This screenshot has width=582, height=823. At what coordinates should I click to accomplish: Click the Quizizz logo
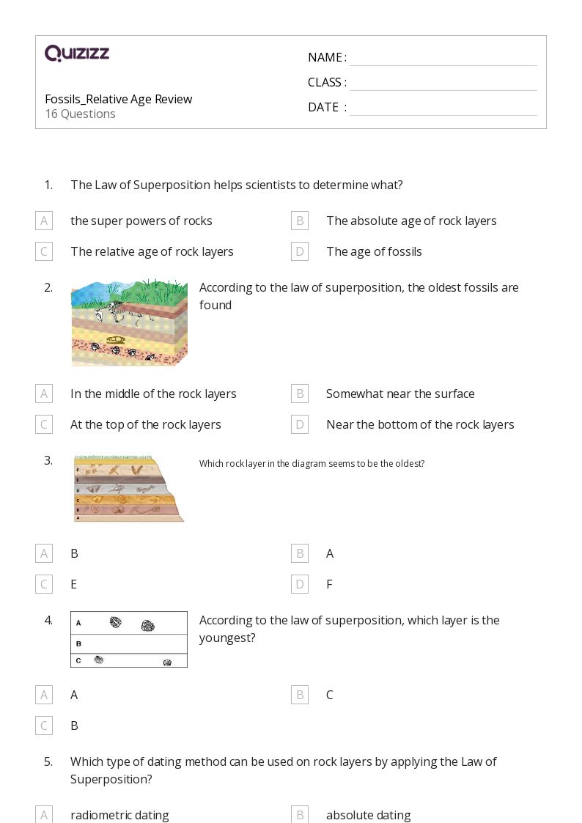(77, 53)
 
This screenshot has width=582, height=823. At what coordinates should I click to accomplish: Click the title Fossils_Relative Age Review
(118, 99)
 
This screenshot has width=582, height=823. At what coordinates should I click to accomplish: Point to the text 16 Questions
(80, 114)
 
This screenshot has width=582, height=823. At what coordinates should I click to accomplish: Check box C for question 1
(44, 251)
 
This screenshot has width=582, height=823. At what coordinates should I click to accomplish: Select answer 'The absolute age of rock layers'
(411, 221)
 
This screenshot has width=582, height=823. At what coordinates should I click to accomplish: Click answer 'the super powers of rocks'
(141, 221)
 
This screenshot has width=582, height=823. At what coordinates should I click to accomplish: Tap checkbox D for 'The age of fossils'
(300, 251)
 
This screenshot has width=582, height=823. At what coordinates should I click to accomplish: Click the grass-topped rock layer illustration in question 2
(129, 322)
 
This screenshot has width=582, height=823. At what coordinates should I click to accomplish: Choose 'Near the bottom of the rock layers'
(420, 424)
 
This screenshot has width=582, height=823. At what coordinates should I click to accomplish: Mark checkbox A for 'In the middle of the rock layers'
(44, 394)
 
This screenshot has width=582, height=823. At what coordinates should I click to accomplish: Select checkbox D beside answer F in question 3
(300, 584)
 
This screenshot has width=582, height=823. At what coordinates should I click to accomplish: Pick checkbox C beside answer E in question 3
(44, 584)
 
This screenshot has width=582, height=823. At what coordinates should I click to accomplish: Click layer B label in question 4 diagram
(78, 643)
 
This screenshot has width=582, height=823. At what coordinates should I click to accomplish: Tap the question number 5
(48, 761)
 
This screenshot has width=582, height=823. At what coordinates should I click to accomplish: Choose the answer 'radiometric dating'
(119, 815)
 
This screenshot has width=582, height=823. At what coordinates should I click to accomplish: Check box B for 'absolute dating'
(300, 815)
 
